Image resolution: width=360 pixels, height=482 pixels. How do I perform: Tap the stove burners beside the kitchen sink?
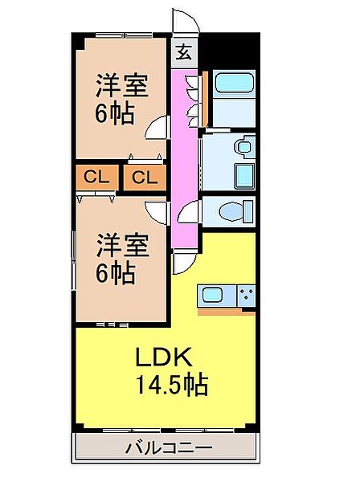coord(246,295)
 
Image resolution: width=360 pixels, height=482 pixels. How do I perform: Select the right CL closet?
coord(145,178)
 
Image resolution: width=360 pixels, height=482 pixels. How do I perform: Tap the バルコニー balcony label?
coord(169,447)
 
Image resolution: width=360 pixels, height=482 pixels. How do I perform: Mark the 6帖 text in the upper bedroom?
coord(115,113)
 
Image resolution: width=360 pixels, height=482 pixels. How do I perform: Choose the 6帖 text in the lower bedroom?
coord(115,274)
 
